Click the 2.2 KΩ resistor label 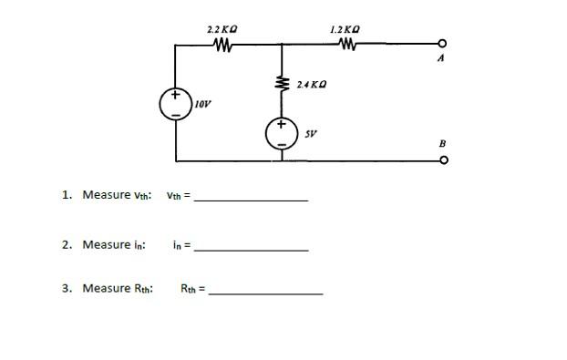click(x=223, y=30)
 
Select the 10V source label click(x=201, y=105)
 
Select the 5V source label click(x=310, y=133)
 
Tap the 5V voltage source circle click(x=281, y=134)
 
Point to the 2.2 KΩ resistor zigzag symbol click(x=223, y=43)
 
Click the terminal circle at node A click(x=442, y=44)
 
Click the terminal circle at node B click(x=443, y=159)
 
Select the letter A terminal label click(x=441, y=58)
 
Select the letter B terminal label click(x=442, y=144)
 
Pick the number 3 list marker click(x=66, y=288)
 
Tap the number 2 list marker click(x=66, y=244)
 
